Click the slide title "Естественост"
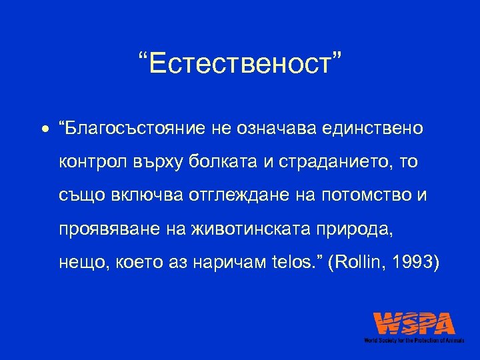click(x=239, y=65)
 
